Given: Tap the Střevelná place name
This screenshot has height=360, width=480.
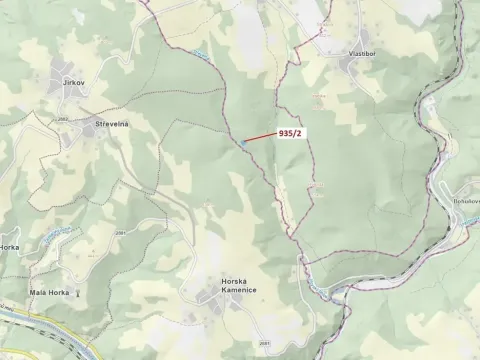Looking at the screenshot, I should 112,122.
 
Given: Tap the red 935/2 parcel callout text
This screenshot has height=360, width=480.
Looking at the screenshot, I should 292,132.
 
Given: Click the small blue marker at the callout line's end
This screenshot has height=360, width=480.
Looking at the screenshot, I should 241,143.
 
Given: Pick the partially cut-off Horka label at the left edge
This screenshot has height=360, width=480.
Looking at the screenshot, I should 9,246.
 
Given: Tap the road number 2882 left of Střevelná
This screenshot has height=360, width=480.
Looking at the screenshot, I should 62,118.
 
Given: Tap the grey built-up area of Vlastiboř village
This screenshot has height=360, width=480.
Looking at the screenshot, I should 352,66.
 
